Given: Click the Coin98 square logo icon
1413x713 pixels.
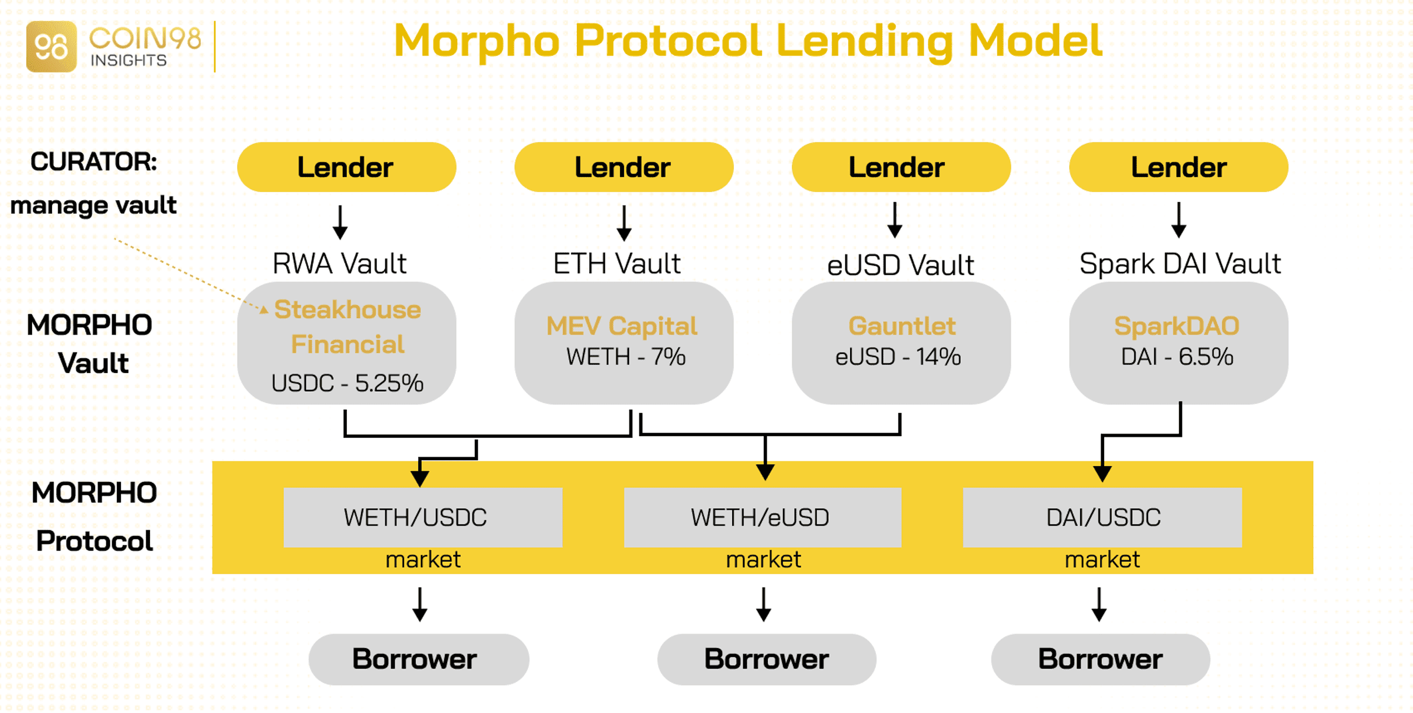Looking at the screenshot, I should (x=51, y=47).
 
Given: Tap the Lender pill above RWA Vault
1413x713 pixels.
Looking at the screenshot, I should (x=346, y=168).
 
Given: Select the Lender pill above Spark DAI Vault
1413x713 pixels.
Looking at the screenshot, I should (x=1178, y=168).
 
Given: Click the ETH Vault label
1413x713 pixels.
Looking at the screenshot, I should (x=617, y=264).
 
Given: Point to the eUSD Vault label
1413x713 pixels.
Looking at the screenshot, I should (x=900, y=266).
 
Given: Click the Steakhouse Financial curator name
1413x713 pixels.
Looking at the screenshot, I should (x=347, y=327).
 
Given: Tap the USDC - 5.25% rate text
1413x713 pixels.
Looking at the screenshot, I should (x=347, y=384).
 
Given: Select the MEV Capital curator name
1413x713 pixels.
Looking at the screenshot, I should (x=622, y=326).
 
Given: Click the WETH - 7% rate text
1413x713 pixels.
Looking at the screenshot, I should (x=625, y=357).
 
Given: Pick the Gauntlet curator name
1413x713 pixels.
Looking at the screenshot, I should (x=902, y=326).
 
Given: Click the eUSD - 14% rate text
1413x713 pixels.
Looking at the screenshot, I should (x=898, y=357).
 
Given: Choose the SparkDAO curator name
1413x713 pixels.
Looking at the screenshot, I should (x=1177, y=326).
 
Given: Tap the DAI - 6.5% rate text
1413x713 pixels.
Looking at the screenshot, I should (x=1177, y=357).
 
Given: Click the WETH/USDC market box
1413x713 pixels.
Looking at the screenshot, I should (x=423, y=517).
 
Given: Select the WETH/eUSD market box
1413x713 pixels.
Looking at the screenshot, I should (x=763, y=517).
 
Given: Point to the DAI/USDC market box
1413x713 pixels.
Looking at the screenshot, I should (x=1102, y=517).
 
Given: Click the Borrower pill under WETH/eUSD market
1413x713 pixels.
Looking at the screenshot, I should (x=767, y=659).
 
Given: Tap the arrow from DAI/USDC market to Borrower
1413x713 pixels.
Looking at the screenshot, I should (x=1099, y=604).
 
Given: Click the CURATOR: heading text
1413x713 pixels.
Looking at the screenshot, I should (x=93, y=162).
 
